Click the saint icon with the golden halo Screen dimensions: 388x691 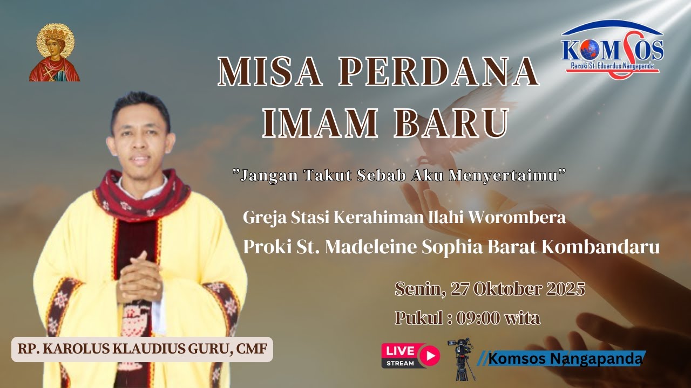54,53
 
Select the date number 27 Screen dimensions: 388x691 460,289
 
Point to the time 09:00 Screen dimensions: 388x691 478,318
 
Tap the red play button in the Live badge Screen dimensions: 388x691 430,356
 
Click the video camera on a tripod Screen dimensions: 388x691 461,358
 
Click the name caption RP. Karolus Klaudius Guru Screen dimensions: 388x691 142,349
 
